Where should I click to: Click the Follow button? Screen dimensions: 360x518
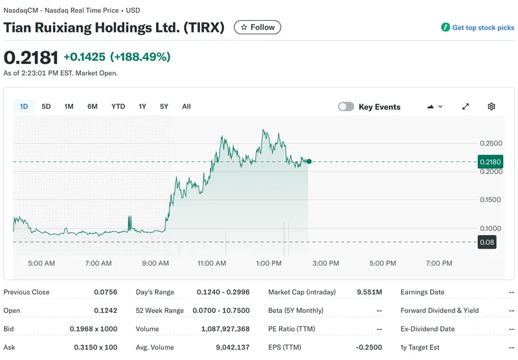(257, 27)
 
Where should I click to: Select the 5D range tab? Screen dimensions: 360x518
(46, 106)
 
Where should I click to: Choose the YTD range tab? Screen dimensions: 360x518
(118, 106)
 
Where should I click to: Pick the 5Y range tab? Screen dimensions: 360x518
(164, 106)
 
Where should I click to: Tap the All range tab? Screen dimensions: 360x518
(186, 106)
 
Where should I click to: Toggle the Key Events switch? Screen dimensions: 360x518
(346, 107)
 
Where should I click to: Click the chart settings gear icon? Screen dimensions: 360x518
(491, 107)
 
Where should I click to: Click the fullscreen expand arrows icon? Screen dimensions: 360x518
(465, 107)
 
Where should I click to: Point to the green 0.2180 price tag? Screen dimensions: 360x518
(490, 161)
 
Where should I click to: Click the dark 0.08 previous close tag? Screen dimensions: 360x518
(486, 242)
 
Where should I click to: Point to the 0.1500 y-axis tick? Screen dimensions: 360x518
(490, 200)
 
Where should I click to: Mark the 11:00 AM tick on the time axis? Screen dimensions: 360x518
(212, 264)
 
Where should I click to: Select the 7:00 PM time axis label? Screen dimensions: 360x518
(439, 264)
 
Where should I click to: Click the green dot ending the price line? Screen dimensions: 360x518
(309, 161)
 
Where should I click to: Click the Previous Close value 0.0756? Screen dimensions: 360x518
(108, 292)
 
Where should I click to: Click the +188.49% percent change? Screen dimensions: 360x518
(141, 57)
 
